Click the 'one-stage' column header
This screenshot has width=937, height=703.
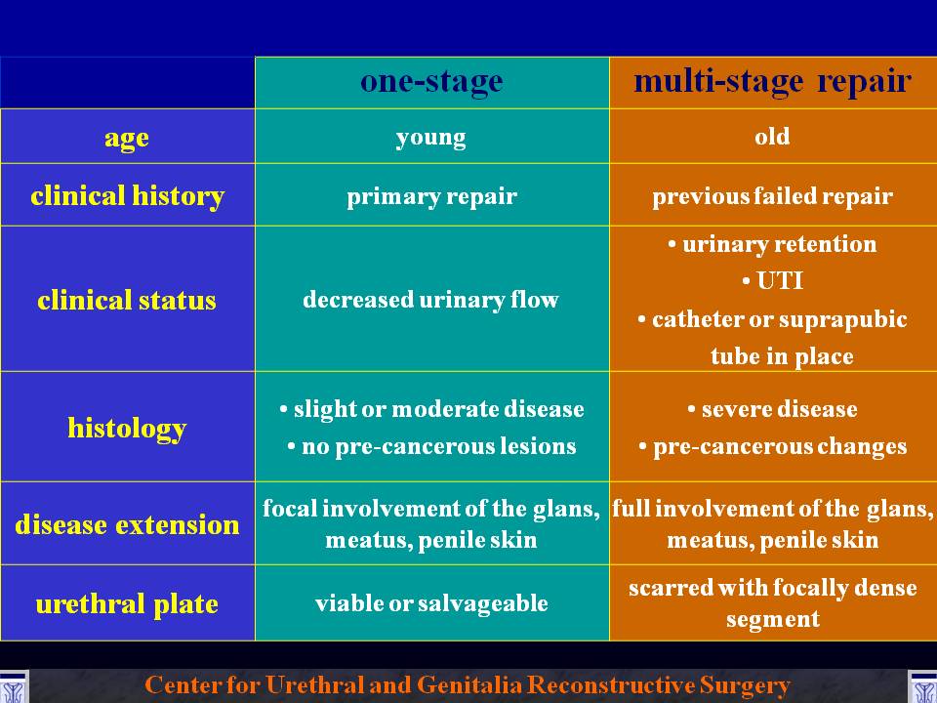pyautogui.click(x=431, y=82)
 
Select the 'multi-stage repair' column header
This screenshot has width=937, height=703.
pyautogui.click(x=773, y=82)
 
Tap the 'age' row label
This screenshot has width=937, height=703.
pyautogui.click(x=127, y=138)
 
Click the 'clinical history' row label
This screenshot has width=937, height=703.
pyautogui.click(x=127, y=196)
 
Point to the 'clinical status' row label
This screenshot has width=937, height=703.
pyautogui.click(x=127, y=300)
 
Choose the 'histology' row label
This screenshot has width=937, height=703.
pyautogui.click(x=127, y=429)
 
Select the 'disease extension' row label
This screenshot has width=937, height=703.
pyautogui.click(x=127, y=525)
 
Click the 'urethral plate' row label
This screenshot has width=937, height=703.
pyautogui.click(x=127, y=603)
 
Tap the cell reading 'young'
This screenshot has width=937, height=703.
pyautogui.click(x=430, y=138)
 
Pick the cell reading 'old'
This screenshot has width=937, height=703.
pyautogui.click(x=772, y=137)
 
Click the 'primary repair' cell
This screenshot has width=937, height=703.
pyautogui.click(x=431, y=196)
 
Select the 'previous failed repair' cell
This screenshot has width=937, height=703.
pyautogui.click(x=773, y=196)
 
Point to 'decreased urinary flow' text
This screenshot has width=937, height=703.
pyautogui.click(x=430, y=300)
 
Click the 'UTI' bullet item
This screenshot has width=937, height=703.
pyautogui.click(x=773, y=281)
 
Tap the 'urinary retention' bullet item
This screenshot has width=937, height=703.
pyautogui.click(x=772, y=244)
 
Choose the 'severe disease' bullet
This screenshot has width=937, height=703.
pyautogui.click(x=772, y=409)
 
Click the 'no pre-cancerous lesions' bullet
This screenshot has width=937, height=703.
pyautogui.click(x=431, y=446)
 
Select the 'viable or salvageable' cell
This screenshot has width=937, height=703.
pyautogui.click(x=431, y=603)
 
